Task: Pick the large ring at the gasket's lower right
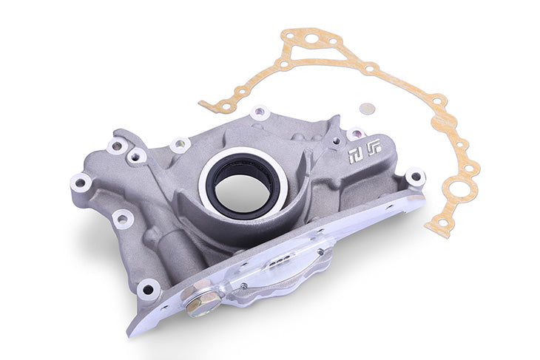pos(459,189)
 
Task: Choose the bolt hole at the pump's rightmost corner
pos(415,177)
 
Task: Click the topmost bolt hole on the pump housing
pos(259,113)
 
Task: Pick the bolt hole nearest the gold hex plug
pos(149,288)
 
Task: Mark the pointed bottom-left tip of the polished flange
pos(134,330)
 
